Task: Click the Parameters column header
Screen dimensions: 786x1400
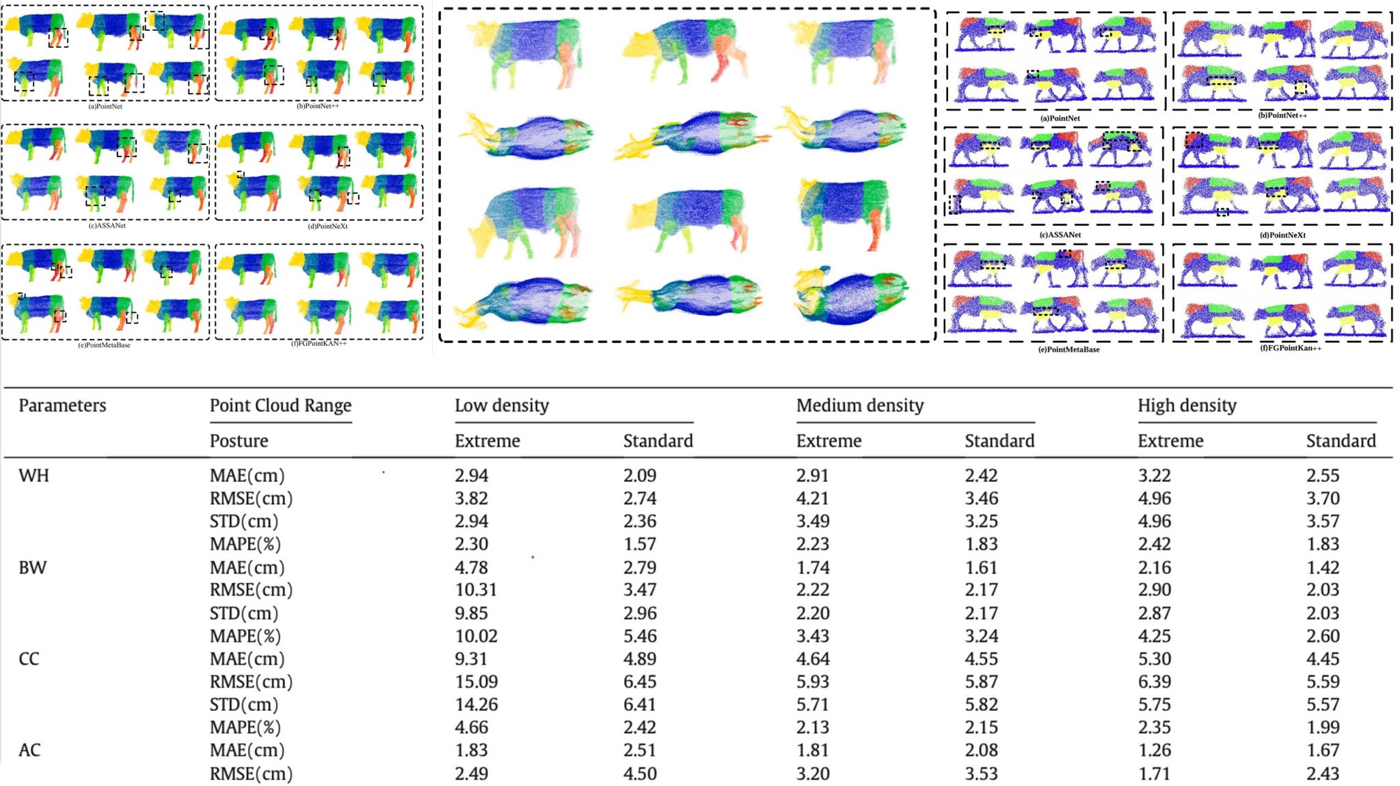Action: (x=62, y=405)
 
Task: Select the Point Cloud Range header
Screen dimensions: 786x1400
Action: (x=280, y=405)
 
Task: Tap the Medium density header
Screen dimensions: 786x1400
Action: (x=860, y=405)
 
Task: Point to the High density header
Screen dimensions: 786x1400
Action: (x=1187, y=405)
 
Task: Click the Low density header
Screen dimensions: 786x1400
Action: (x=502, y=405)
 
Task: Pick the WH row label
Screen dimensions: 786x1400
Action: (x=33, y=475)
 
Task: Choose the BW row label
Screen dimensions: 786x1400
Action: (x=32, y=567)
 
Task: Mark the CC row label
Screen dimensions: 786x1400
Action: (x=29, y=659)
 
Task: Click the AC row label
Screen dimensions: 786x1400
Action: (x=29, y=750)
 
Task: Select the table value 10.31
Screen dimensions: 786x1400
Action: (x=476, y=590)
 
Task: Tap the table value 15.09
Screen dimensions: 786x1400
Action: (x=476, y=681)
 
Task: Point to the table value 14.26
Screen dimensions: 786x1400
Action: (x=476, y=704)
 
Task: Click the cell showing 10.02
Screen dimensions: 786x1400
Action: (x=476, y=636)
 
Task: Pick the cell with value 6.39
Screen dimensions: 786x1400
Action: (x=1154, y=681)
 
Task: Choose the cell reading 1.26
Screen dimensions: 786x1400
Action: (x=1154, y=750)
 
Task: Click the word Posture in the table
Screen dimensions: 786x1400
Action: (x=239, y=441)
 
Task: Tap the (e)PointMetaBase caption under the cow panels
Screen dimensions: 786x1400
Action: (x=104, y=345)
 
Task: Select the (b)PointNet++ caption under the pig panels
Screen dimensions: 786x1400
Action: (x=1282, y=115)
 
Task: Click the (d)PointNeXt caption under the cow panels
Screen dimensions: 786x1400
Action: (x=327, y=226)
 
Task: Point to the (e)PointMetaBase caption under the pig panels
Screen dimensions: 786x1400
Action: (x=1068, y=349)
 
